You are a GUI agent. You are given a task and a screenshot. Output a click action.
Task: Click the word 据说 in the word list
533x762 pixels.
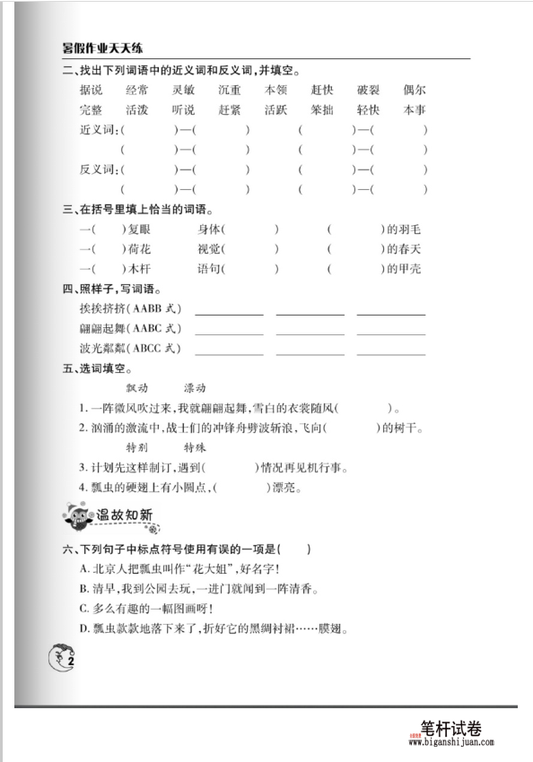(91, 91)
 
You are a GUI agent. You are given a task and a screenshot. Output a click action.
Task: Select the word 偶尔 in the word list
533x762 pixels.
(415, 91)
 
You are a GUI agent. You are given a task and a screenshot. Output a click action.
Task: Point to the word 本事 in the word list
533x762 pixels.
(415, 110)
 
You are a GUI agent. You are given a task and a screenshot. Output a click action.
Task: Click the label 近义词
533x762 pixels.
(99, 131)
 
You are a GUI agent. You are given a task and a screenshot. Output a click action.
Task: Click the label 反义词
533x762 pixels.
(99, 170)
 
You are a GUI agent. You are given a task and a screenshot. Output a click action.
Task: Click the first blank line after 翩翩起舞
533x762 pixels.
(229, 330)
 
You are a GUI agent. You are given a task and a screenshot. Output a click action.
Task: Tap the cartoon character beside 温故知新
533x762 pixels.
(75, 515)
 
